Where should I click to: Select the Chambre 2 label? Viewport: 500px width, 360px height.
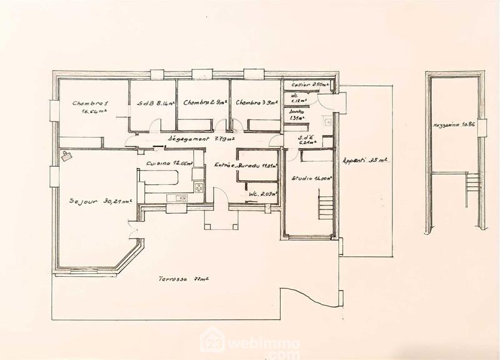(x=205, y=104)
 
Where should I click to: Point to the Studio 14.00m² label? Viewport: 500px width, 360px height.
(x=311, y=179)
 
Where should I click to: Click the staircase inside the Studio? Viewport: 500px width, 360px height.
(x=325, y=206)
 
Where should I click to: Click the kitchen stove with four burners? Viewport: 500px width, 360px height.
(x=198, y=186)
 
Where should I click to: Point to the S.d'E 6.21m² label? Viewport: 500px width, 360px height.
(x=307, y=140)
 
